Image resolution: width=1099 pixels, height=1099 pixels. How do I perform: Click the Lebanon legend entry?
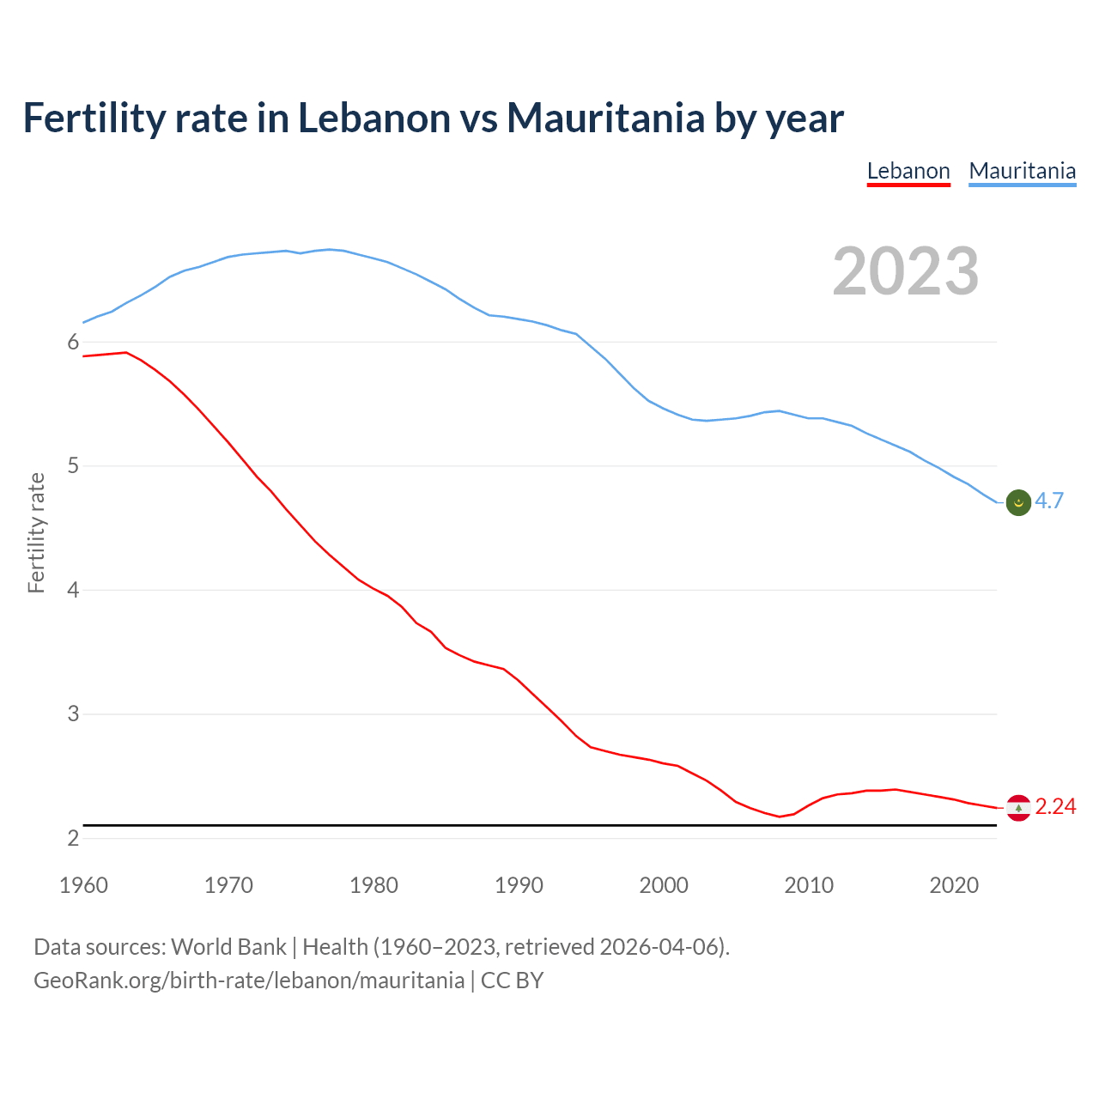(x=908, y=171)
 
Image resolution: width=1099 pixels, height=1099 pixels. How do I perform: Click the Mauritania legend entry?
(x=1022, y=171)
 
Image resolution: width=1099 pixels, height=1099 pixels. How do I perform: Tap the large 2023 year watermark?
(x=905, y=271)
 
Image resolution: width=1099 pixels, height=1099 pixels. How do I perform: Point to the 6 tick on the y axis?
(x=73, y=343)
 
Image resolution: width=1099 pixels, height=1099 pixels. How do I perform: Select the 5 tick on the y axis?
(x=73, y=466)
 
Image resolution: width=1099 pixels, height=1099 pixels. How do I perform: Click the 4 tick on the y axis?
(x=73, y=590)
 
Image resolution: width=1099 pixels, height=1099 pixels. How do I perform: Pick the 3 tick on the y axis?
(x=73, y=713)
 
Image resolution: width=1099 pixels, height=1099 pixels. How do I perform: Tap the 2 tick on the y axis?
(x=73, y=838)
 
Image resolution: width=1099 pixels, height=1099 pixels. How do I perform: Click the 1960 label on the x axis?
(x=83, y=885)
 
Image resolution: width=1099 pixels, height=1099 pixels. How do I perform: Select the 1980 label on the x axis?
(x=373, y=885)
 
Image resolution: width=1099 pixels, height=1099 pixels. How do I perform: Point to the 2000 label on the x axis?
(x=664, y=885)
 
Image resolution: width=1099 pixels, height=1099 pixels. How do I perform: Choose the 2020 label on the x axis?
(x=954, y=885)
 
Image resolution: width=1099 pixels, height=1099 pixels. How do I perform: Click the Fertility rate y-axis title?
(x=36, y=532)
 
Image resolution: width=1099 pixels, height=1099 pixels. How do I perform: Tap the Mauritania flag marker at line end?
(x=1018, y=502)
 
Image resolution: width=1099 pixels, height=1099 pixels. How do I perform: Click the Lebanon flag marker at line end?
(x=1018, y=808)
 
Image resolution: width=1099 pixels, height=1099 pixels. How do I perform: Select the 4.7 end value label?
(x=1049, y=501)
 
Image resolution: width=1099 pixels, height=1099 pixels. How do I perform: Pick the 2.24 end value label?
(x=1055, y=807)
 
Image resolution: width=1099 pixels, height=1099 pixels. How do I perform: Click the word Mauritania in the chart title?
(x=606, y=118)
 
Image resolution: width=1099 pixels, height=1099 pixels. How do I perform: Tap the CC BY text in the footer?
(x=512, y=981)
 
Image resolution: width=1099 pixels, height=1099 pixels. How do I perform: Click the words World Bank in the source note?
(x=228, y=947)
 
